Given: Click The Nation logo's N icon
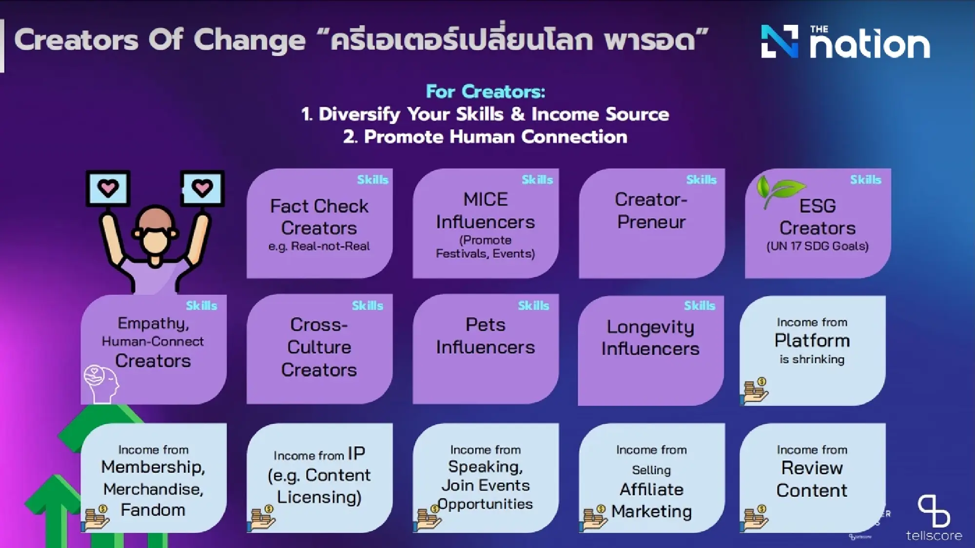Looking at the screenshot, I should point(780,41).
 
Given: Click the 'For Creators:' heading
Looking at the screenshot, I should point(485,92).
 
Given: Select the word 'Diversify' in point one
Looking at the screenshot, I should point(359,114).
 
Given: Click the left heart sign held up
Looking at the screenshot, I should point(108,188).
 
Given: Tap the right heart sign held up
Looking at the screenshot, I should point(202,188).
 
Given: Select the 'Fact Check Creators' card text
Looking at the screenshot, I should point(319,217).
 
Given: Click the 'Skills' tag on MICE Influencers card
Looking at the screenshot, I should point(537,180).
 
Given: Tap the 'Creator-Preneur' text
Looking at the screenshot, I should point(651,210).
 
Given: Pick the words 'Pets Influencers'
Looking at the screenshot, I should point(485,336).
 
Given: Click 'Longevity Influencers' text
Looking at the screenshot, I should point(650,338).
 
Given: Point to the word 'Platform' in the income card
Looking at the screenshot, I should point(812,340).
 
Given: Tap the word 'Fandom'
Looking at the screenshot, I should point(153,510).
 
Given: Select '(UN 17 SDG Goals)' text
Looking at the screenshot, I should point(818,246).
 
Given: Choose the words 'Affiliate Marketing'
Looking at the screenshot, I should point(651,500).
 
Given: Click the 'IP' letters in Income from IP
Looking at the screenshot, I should point(356,454).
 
